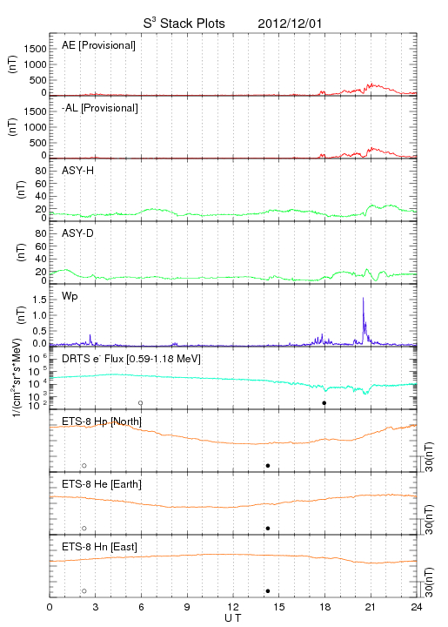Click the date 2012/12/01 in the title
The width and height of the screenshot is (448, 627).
tap(290, 24)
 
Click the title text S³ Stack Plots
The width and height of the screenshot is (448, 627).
tap(184, 23)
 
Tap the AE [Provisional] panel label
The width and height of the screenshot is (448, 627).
tap(98, 45)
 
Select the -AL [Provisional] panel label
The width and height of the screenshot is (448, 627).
tap(100, 108)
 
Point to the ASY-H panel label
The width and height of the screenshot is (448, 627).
tap(78, 171)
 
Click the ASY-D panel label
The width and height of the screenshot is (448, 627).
tap(78, 233)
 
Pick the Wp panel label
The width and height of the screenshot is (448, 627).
tap(70, 296)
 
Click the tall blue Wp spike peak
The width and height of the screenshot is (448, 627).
tap(363, 298)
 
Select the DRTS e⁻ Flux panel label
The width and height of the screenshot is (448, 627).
tap(131, 359)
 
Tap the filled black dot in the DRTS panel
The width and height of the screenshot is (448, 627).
tap(324, 403)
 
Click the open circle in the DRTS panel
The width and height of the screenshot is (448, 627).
tap(141, 403)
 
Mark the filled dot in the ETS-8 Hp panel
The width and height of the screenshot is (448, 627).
tap(268, 465)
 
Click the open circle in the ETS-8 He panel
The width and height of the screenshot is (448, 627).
tap(84, 529)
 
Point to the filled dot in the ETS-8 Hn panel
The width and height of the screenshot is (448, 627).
tap(268, 591)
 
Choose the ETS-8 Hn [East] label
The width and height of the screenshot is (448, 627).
tap(99, 547)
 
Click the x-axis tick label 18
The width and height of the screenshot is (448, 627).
tap(325, 607)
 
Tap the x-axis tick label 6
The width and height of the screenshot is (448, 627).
tap(141, 607)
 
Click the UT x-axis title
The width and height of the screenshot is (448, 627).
tap(233, 618)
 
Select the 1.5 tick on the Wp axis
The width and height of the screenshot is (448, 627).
tap(39, 300)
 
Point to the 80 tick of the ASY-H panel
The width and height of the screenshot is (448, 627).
tap(41, 171)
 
